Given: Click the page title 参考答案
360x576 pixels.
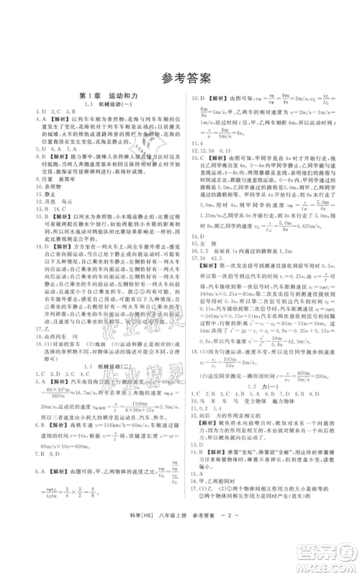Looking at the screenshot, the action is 179,78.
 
